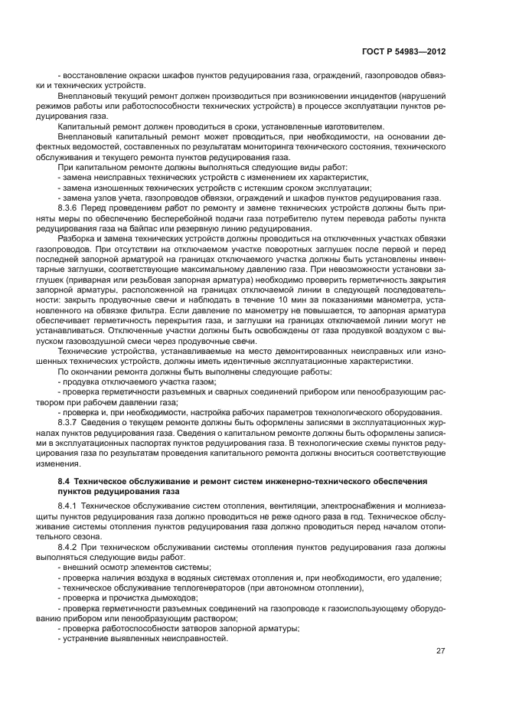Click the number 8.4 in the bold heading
(64, 480)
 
